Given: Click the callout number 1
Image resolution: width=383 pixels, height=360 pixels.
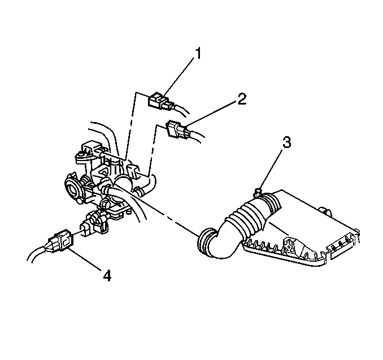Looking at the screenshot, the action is click(198, 53).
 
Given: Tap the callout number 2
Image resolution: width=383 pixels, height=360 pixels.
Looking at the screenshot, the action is click(242, 99).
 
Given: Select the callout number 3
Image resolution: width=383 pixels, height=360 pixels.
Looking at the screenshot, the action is click(287, 142).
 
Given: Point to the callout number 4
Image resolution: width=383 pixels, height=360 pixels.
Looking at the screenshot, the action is click(107, 276).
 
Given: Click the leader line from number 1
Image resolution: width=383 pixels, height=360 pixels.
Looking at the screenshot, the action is click(179, 77).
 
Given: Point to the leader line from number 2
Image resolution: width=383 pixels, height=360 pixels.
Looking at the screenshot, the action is click(211, 115).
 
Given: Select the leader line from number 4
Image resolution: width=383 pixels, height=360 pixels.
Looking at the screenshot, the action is click(85, 259).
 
